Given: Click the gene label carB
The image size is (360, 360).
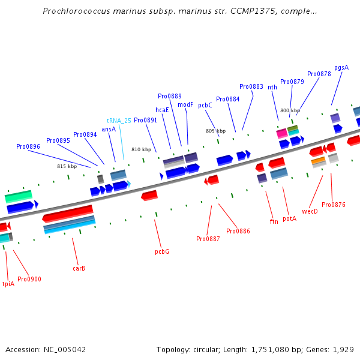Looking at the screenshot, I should [x=79, y=268].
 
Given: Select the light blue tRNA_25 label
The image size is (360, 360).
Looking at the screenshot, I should [x=119, y=121].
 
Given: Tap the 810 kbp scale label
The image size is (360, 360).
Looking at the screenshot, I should [x=141, y=149].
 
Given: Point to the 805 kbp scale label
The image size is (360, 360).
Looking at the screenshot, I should [x=215, y=131].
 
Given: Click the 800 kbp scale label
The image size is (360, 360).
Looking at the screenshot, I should [x=290, y=110].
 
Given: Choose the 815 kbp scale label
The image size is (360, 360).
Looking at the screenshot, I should [x=67, y=166].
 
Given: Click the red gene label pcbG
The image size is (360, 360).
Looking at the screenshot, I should [x=162, y=251].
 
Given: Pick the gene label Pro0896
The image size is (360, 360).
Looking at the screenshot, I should [x=28, y=146].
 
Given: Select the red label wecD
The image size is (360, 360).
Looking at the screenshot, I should [x=310, y=211].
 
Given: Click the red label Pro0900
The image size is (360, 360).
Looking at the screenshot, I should [x=29, y=279].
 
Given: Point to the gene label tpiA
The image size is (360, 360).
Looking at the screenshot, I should [x=8, y=284].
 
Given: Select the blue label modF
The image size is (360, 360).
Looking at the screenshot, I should [x=185, y=104].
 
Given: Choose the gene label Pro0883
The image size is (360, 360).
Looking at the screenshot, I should [x=251, y=86].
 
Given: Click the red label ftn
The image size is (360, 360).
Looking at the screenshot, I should [x=274, y=221].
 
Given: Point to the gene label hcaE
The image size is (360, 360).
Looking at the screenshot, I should [x=162, y=110].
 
